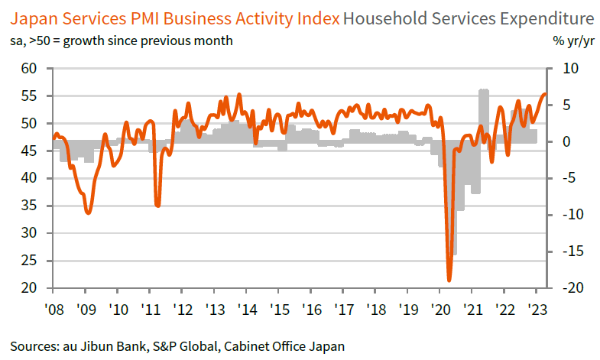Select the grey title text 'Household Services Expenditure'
click(469, 17)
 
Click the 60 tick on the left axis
click(31, 69)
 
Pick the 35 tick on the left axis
click(31, 206)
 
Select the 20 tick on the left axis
click(31, 288)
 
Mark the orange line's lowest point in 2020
click(449, 279)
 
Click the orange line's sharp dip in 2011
click(157, 205)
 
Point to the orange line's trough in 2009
click(88, 212)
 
